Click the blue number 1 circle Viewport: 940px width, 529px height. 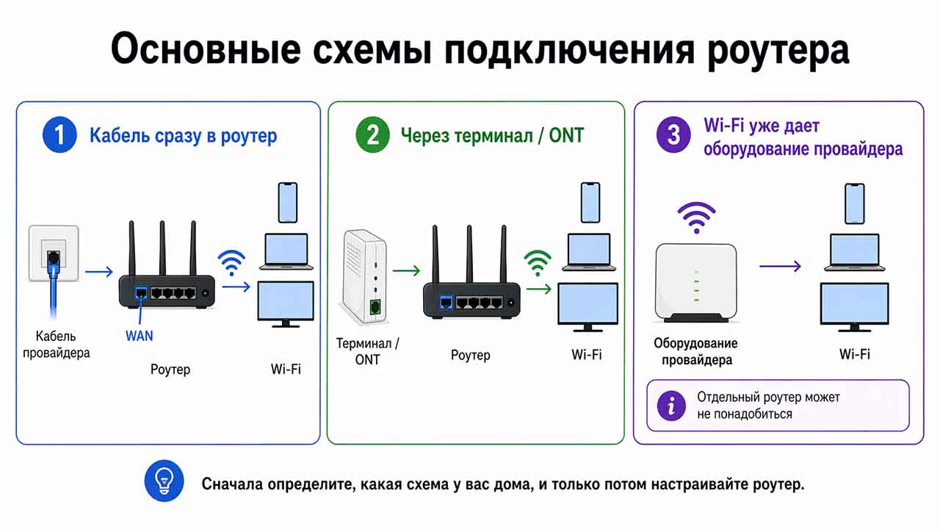coord(59,135)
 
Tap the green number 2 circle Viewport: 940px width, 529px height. coord(373,135)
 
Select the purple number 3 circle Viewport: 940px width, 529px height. coord(673,135)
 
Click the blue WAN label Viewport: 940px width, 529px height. coord(140,336)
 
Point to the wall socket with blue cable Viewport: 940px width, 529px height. coord(52,253)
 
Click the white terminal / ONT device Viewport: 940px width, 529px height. coord(364,276)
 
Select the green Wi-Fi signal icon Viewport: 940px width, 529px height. coord(538,263)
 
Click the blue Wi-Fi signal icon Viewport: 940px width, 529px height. coord(232,262)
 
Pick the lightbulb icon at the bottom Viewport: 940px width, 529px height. coord(164,482)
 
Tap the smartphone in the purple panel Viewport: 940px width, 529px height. coord(854,203)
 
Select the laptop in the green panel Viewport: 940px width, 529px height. coord(589,252)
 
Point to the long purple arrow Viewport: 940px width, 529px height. coord(779,266)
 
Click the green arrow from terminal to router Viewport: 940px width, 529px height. coord(406,271)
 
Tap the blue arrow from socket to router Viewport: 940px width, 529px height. coord(99,273)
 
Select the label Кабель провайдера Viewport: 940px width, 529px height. coord(56,345)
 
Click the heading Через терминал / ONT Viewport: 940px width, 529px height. coord(492,135)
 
